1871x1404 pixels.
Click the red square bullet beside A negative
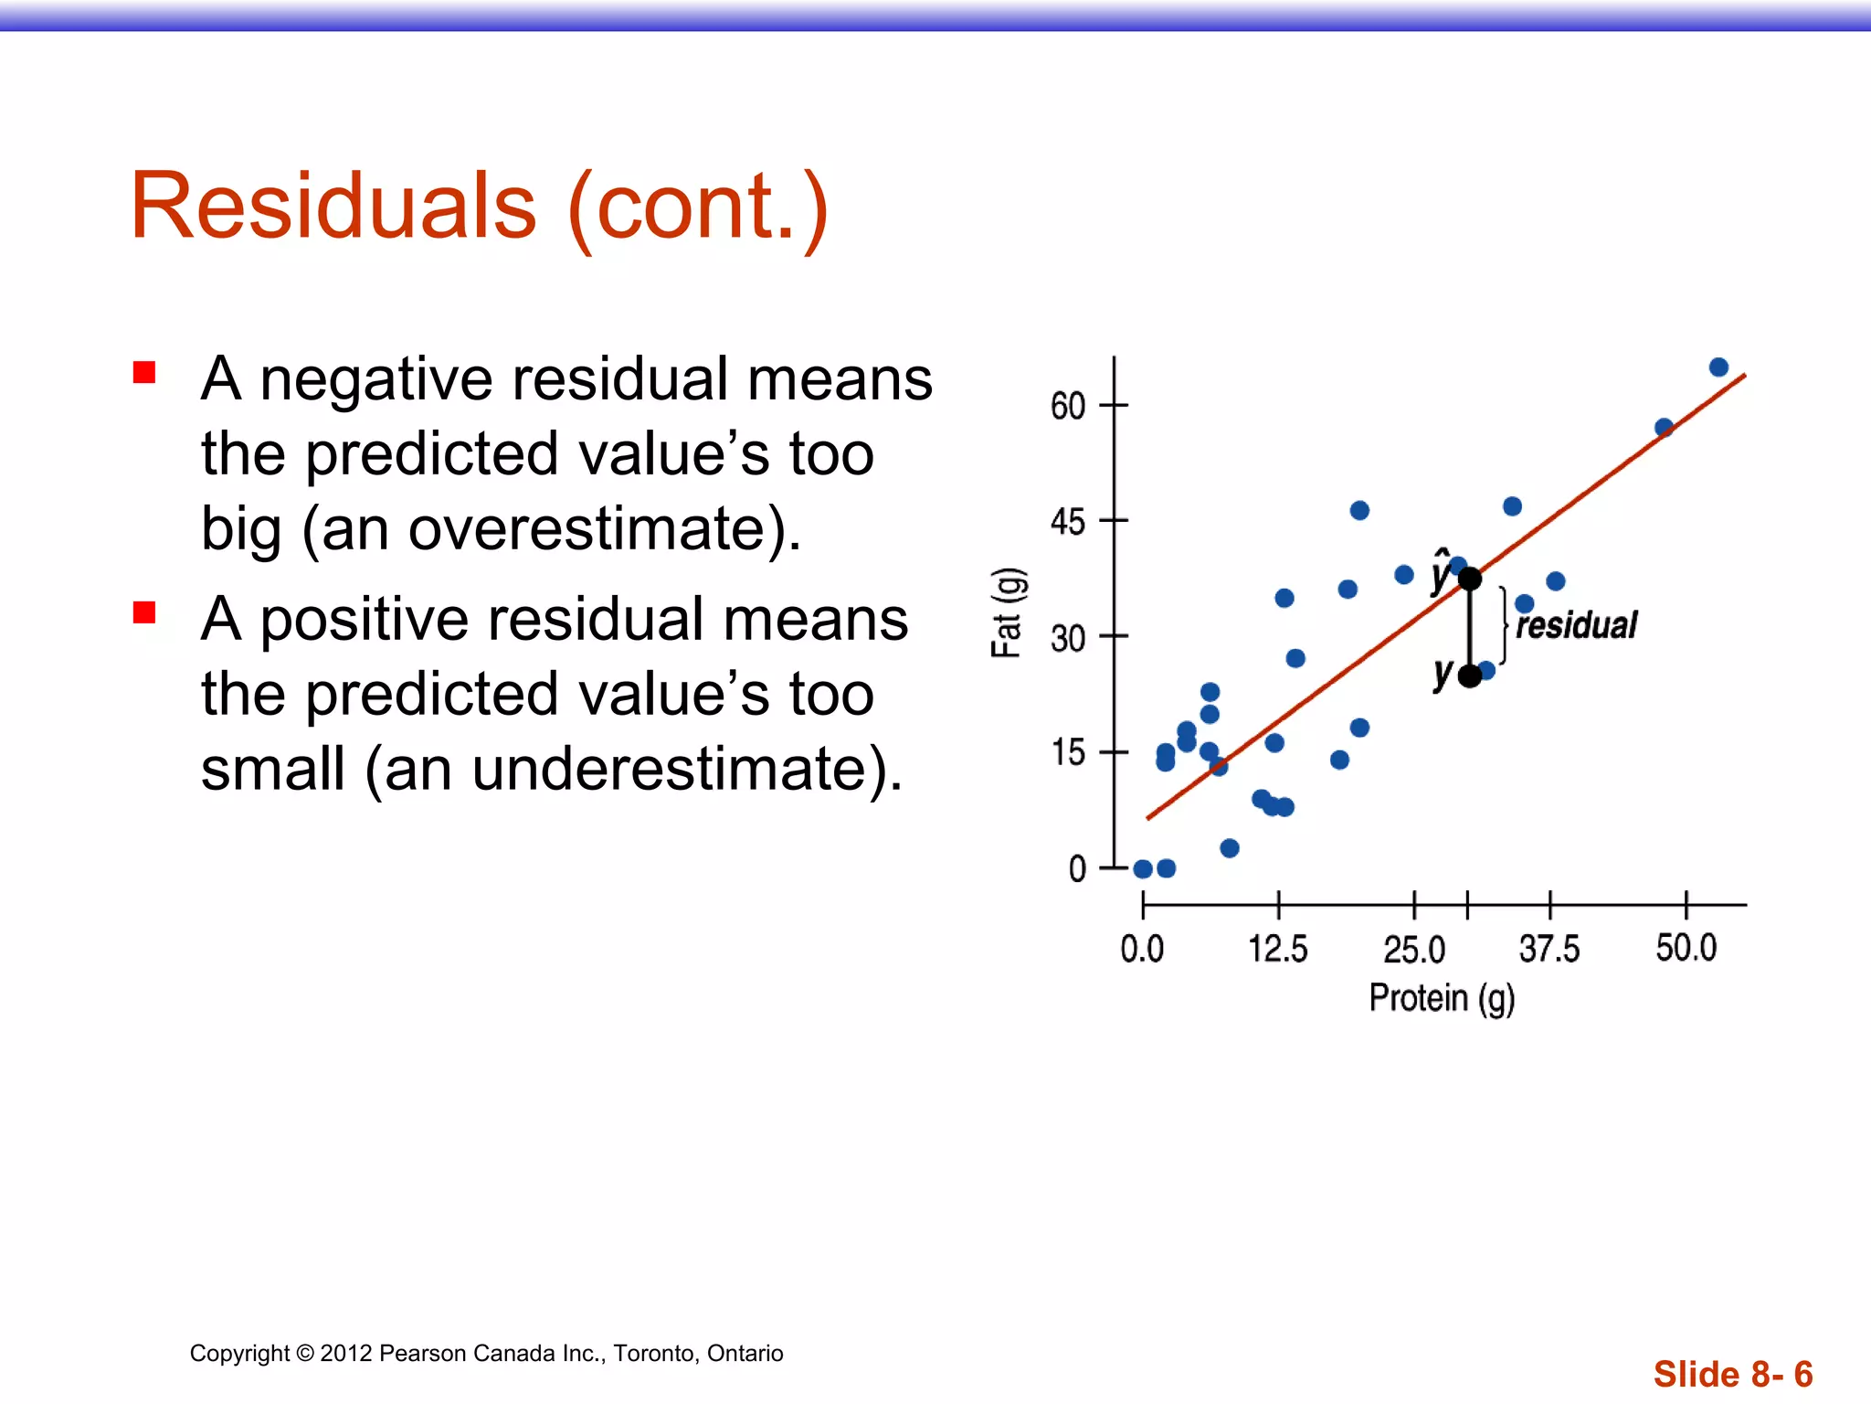[x=144, y=372]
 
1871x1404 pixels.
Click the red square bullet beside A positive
[x=144, y=612]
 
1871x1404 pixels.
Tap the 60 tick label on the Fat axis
[x=1067, y=406]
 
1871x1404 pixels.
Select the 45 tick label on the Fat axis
[x=1067, y=522]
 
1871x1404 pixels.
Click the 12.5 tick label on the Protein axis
[x=1277, y=949]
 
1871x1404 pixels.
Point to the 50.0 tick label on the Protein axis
[x=1686, y=948]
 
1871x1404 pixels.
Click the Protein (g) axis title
[x=1441, y=998]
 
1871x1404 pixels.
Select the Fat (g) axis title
[x=1007, y=612]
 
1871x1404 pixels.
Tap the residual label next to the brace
[x=1576, y=626]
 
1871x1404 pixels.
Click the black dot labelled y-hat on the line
[x=1469, y=579]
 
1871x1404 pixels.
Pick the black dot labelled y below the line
[x=1469, y=676]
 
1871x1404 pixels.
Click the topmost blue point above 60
[x=1718, y=367]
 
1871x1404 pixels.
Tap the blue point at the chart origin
[x=1143, y=868]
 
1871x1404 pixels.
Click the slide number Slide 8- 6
[x=1732, y=1374]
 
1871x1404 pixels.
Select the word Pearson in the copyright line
[x=420, y=1354]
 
